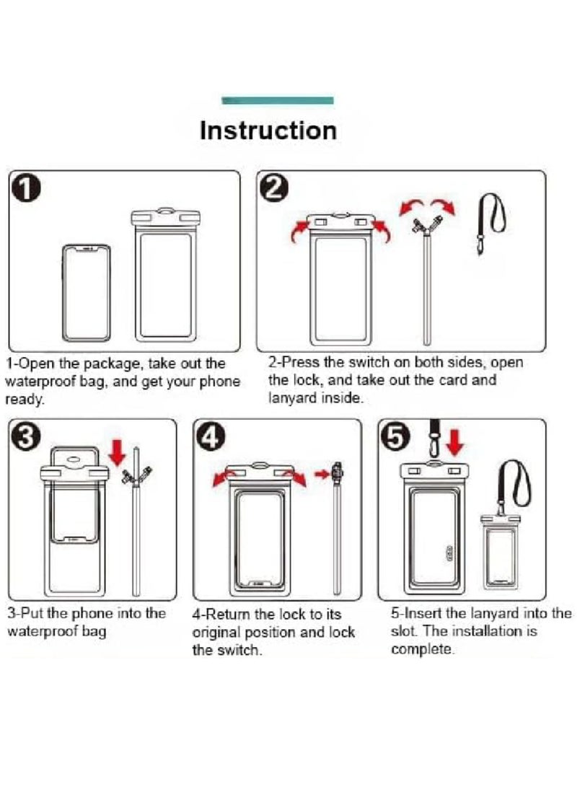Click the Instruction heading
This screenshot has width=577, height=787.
click(268, 131)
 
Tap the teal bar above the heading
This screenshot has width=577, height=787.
click(278, 100)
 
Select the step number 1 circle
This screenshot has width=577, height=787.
click(25, 190)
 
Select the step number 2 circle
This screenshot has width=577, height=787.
click(275, 190)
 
